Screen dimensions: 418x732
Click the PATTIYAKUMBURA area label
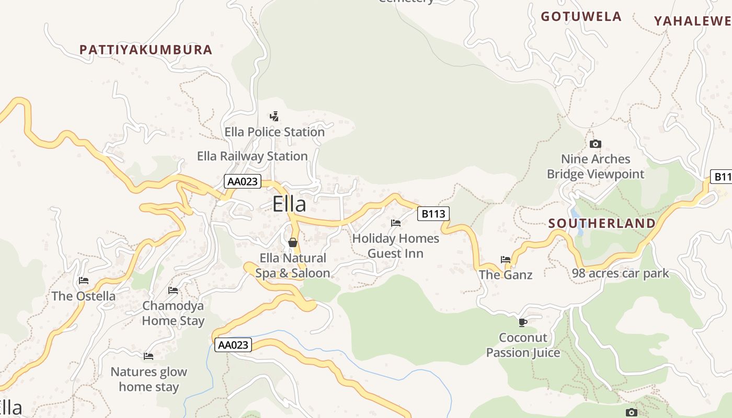(x=146, y=50)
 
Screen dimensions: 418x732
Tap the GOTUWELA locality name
(x=581, y=17)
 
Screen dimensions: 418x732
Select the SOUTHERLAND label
(x=602, y=224)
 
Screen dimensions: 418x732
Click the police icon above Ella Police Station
(x=274, y=116)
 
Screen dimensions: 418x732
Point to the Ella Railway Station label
(x=252, y=156)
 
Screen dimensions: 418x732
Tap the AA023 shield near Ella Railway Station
(x=243, y=181)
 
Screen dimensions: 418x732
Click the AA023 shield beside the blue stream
(x=233, y=345)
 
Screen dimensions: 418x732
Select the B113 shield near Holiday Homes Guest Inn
(x=433, y=213)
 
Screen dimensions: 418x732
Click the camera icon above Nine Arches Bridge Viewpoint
(x=595, y=144)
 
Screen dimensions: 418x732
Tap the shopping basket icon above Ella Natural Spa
(x=292, y=242)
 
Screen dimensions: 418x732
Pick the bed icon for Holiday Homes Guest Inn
(x=396, y=223)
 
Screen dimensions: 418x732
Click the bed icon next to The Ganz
(x=505, y=259)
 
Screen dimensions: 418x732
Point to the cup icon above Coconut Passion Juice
(x=522, y=322)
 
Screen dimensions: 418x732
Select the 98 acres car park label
(x=620, y=273)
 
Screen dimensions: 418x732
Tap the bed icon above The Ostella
(x=83, y=281)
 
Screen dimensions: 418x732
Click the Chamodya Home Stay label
(x=173, y=313)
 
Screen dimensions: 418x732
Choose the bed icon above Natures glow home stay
(x=148, y=356)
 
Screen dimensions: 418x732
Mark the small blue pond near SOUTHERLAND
(x=575, y=214)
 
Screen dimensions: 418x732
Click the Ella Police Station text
(x=274, y=132)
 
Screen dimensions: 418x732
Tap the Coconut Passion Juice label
(x=523, y=345)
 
